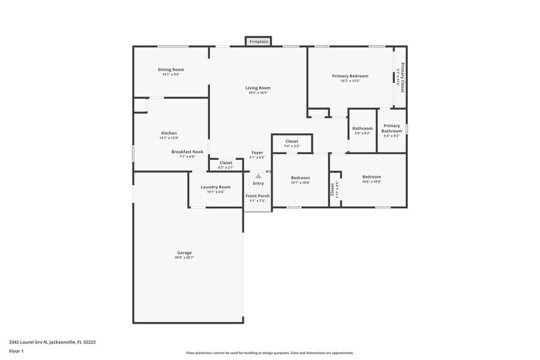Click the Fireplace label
tap(258, 42)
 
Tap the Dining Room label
tap(171, 70)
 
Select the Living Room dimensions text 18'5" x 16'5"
tap(259, 93)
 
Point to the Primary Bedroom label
tap(350, 76)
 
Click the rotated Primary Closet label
tap(402, 77)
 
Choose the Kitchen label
tap(169, 133)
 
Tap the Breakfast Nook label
tap(187, 151)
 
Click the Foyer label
tap(257, 152)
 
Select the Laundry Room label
tap(216, 187)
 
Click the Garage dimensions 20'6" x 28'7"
tap(184, 258)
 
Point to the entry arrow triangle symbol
tap(258, 176)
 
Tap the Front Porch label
tap(258, 196)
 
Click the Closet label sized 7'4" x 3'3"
tap(292, 141)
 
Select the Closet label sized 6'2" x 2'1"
tap(226, 162)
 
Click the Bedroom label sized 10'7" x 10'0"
tap(300, 178)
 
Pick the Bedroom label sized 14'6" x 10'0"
tap(371, 177)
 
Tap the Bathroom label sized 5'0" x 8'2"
tap(362, 129)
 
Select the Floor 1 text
tap(16, 351)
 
